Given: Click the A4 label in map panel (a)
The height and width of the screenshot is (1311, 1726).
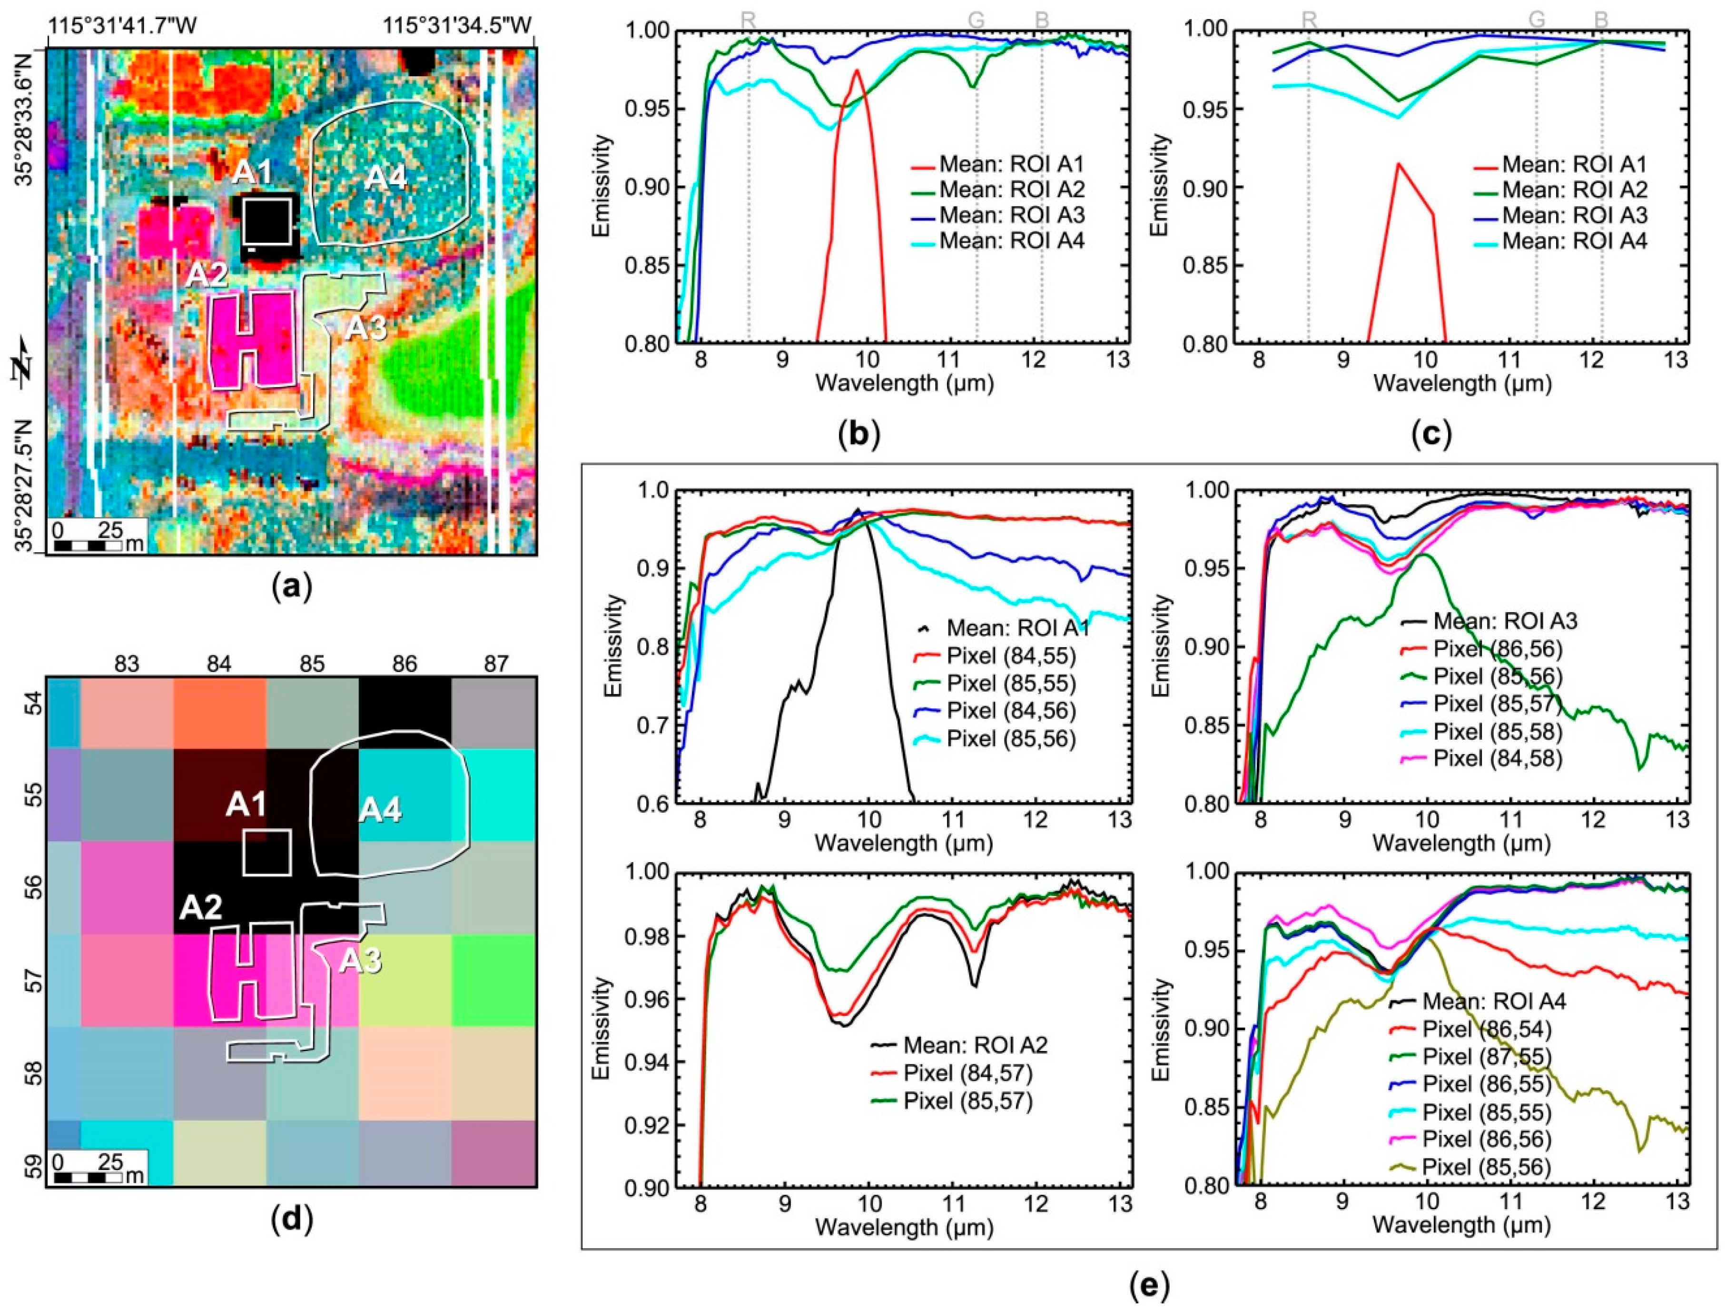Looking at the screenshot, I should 387,179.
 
